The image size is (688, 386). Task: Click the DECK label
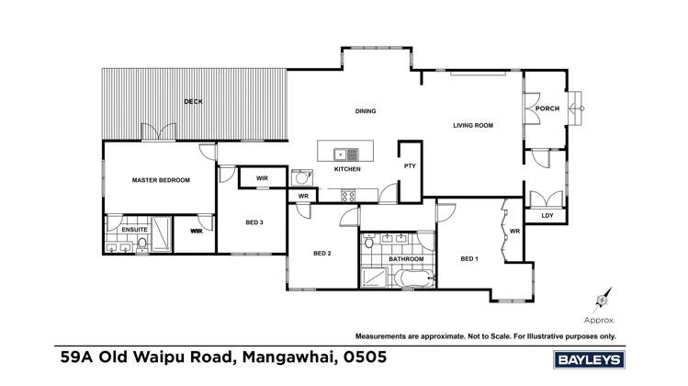click(x=193, y=101)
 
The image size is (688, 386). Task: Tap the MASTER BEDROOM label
click(x=161, y=180)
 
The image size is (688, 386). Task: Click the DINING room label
click(x=367, y=111)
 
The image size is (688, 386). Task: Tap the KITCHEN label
click(x=347, y=169)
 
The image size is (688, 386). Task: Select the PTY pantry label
click(x=410, y=166)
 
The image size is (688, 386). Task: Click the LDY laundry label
click(x=547, y=216)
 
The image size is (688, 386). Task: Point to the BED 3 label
click(x=254, y=222)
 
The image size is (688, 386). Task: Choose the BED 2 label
click(x=321, y=254)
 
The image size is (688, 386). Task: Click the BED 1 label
click(x=469, y=259)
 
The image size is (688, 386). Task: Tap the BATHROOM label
click(x=405, y=259)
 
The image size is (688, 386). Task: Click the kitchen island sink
click(x=339, y=153)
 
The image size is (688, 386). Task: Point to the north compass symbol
click(x=602, y=299)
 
